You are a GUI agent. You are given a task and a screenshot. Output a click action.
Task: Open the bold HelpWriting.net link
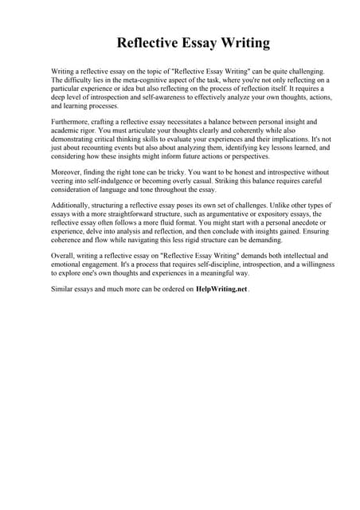point(221,290)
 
